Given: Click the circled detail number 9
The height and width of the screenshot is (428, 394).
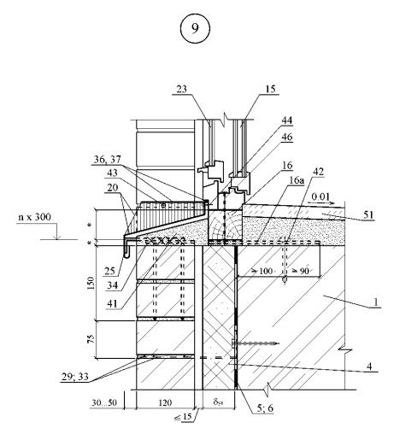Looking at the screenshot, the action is pyautogui.click(x=195, y=28).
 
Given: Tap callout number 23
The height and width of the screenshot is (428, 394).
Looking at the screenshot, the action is pyautogui.click(x=182, y=89).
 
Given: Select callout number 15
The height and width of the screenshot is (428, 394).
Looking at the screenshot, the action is pyautogui.click(x=270, y=89).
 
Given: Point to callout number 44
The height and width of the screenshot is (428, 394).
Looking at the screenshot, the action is pyautogui.click(x=287, y=120).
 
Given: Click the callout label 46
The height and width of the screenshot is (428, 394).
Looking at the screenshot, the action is pyautogui.click(x=287, y=137).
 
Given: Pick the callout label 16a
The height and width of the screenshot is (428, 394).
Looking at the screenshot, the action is pyautogui.click(x=297, y=180).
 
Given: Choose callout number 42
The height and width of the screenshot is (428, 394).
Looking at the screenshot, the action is pyautogui.click(x=318, y=172).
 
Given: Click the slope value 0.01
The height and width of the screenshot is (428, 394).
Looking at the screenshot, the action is pyautogui.click(x=320, y=196).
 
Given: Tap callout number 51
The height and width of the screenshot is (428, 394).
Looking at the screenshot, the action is pyautogui.click(x=368, y=214).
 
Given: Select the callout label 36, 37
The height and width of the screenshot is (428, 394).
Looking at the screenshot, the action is pyautogui.click(x=108, y=160).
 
